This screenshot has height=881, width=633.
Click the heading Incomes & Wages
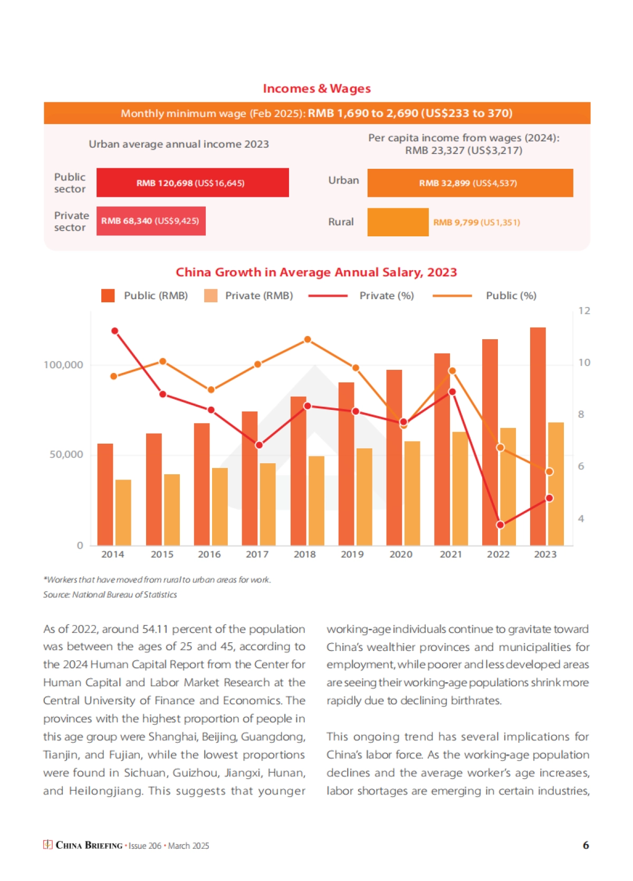pos(316,89)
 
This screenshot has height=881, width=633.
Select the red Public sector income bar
pos(193,183)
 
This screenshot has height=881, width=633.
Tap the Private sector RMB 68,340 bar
pos(151,221)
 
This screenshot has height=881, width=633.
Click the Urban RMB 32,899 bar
pos(470,183)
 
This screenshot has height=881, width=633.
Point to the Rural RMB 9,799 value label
pos(476,222)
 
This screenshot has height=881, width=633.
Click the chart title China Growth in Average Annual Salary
pos(316,272)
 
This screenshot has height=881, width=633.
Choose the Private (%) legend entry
pos(386,296)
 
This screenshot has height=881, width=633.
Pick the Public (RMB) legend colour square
pos(108,295)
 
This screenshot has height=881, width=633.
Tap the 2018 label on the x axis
pos(305,554)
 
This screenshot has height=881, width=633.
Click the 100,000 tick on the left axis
pos(63,365)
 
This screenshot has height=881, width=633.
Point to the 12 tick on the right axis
pos(584,311)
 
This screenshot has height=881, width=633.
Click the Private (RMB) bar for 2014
pos(123,512)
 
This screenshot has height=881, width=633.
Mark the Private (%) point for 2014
pos(115,331)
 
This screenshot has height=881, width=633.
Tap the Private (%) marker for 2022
pos(501,525)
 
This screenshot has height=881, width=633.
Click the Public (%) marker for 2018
pos(308,340)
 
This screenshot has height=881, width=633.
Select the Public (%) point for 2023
pos(549,472)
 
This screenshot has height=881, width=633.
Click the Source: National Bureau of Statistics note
pos(110,595)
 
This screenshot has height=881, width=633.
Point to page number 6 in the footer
pos(586,845)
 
